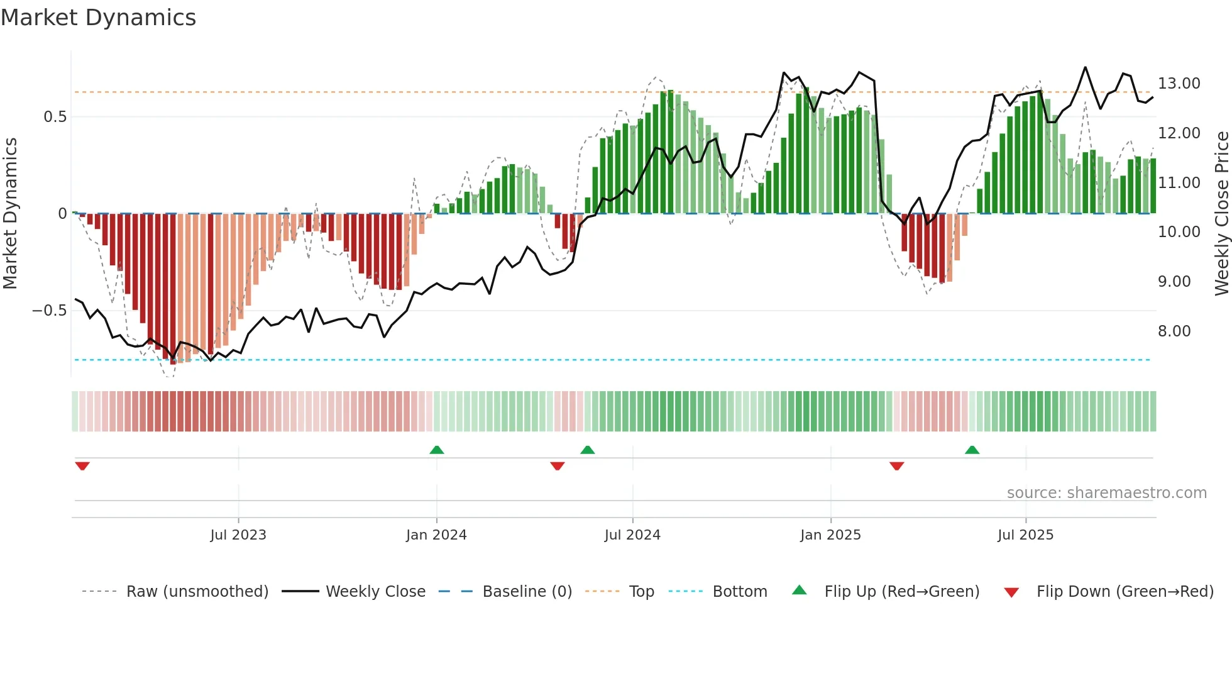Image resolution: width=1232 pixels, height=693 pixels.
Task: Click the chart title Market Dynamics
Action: [98, 18]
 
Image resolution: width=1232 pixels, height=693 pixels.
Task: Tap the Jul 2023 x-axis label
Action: [238, 535]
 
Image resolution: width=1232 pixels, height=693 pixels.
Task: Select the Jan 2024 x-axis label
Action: [436, 535]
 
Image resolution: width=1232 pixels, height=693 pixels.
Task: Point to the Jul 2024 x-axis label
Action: [632, 535]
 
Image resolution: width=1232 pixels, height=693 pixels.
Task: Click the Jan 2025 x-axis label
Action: [830, 535]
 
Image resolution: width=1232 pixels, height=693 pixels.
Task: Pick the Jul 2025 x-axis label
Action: [1025, 535]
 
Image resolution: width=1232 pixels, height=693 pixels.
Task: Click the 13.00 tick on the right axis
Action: [1179, 84]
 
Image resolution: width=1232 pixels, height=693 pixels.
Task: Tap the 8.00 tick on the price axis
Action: [1174, 331]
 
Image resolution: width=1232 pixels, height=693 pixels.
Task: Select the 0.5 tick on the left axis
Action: [55, 117]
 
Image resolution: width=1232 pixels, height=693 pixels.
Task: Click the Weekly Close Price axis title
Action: [1221, 213]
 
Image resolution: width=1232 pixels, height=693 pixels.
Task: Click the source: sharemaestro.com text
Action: [1106, 493]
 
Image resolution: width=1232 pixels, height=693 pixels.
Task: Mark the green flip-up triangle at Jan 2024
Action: [437, 450]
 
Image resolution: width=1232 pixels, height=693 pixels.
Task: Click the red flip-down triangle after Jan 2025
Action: [897, 466]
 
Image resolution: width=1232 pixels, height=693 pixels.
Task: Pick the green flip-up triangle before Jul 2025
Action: [972, 450]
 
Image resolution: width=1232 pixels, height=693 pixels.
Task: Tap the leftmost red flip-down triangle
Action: [82, 466]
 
